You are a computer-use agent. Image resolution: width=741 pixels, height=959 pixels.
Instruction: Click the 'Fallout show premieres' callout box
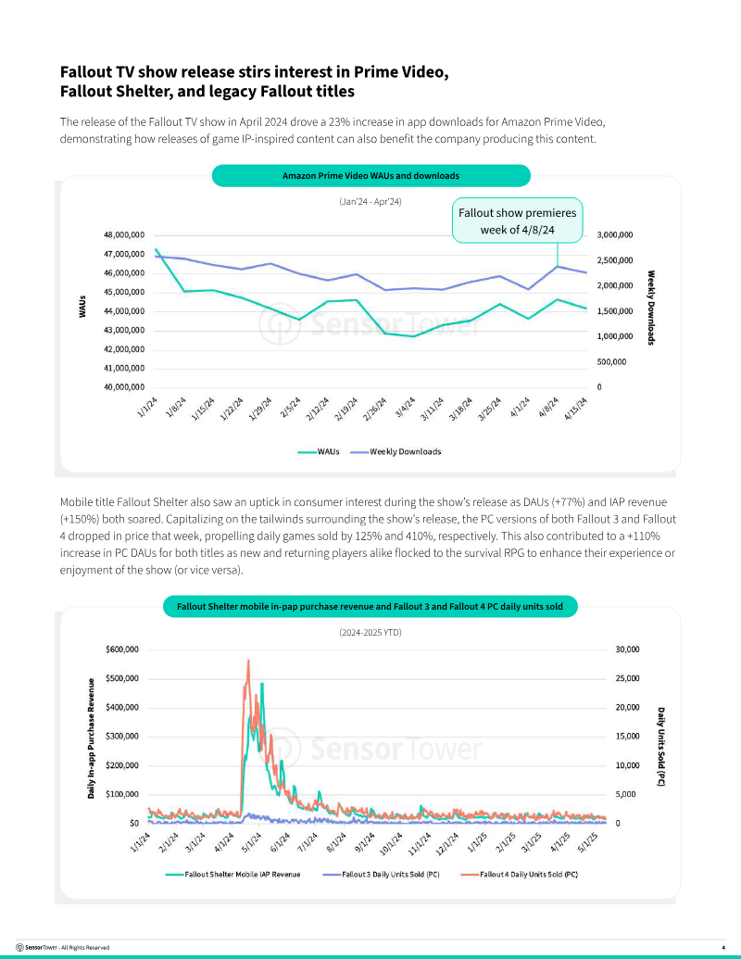[x=517, y=221]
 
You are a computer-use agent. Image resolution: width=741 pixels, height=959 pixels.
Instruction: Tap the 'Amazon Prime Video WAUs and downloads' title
[x=370, y=175]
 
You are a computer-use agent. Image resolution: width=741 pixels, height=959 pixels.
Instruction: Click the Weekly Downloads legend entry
[x=396, y=451]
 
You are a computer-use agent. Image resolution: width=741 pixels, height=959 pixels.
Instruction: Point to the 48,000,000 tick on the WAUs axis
[x=123, y=234]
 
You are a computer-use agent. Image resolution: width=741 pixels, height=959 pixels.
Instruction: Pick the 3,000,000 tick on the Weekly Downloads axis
[x=615, y=234]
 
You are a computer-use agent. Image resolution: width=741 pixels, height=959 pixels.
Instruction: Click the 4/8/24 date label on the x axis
[x=549, y=408]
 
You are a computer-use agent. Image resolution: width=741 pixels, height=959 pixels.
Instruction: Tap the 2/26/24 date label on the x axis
[x=375, y=409]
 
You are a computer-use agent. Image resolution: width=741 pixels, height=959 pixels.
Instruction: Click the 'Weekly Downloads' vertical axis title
[x=651, y=308]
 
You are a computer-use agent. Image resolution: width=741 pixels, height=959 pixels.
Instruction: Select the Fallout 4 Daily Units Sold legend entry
[x=519, y=875]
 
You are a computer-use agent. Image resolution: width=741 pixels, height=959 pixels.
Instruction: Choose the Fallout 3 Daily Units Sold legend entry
[x=381, y=875]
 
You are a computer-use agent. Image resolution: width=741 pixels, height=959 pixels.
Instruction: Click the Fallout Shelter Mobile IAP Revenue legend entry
[x=232, y=875]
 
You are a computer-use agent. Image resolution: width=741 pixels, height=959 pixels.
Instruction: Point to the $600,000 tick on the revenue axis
[x=122, y=649]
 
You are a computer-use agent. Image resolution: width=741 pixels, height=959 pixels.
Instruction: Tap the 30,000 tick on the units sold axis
[x=627, y=649]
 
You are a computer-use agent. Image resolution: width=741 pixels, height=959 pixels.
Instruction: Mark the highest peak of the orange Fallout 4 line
[x=248, y=660]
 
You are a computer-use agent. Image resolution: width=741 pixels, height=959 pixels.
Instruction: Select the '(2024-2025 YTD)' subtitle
[x=370, y=633]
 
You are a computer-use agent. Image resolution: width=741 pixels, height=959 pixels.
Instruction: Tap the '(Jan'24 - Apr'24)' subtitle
[x=370, y=201]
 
